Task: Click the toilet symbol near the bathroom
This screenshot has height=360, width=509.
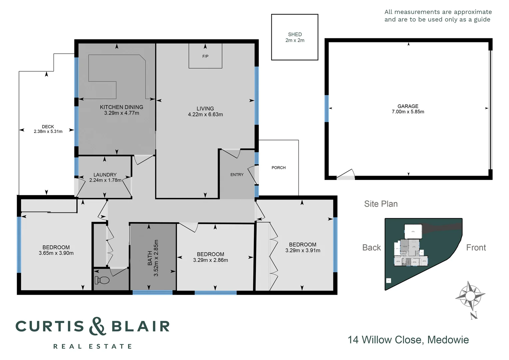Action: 102,280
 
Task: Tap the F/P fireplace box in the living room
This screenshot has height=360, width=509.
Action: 205,56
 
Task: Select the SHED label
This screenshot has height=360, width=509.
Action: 295,34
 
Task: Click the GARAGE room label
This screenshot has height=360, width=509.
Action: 408,106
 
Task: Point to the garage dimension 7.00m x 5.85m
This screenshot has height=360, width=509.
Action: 408,112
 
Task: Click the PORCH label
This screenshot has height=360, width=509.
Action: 278,168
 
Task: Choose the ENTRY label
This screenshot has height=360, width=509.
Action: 237,175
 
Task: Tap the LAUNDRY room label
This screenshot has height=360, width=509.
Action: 105,175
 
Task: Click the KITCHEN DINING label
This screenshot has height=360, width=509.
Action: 122,107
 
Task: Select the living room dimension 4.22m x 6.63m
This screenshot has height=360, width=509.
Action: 205,114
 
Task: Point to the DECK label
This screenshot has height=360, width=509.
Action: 48,127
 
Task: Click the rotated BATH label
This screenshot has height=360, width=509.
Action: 150,258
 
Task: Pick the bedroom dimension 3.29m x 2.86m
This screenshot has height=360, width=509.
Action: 211,260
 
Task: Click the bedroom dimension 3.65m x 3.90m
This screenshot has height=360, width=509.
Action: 56,253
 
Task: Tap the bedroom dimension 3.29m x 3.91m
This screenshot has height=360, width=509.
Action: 302,251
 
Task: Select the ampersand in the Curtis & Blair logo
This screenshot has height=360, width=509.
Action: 98,326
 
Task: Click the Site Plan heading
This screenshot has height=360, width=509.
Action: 381,204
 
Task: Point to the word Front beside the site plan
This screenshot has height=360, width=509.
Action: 476,248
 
